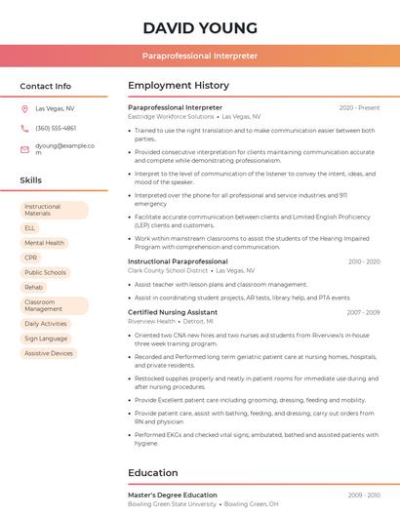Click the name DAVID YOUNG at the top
coord(200,27)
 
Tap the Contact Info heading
coord(46,86)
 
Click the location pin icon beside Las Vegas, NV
coord(24,109)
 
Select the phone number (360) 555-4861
coord(56,128)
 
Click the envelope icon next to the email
coord(24,149)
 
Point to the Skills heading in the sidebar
coord(31,180)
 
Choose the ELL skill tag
coord(30,227)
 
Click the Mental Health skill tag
coord(44,243)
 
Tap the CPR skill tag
coord(31,258)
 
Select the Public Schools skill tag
coord(45,273)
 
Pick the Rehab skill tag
coord(33,288)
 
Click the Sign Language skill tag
coord(46,338)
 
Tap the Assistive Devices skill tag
coord(49,353)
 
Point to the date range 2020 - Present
coord(359,107)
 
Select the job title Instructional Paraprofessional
coord(178,261)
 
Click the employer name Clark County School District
coord(169,270)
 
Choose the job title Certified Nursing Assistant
coord(173,312)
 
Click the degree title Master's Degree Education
coord(173,496)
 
